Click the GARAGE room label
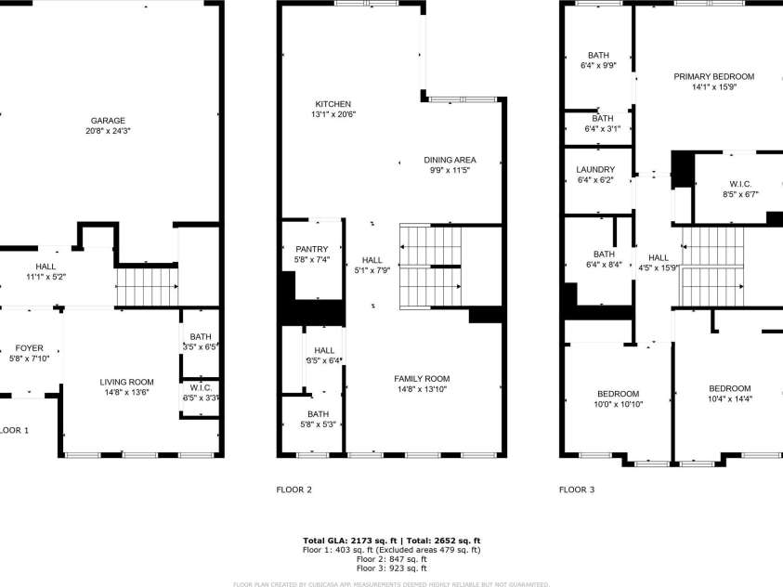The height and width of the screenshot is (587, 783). pos(108,121)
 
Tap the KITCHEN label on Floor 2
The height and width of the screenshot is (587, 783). pos(333,103)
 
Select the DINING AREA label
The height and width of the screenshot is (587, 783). pos(450,160)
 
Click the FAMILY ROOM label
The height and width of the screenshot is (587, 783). pos(422,378)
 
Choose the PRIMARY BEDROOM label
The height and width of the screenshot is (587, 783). pos(713,76)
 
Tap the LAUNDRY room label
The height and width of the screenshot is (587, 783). pos(595,169)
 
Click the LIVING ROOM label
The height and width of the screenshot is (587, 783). pos(126,382)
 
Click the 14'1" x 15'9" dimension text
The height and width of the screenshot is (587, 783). pos(713,87)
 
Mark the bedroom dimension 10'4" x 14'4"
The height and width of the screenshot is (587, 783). pos(729,399)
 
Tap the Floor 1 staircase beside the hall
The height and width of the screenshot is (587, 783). pos(146,284)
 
